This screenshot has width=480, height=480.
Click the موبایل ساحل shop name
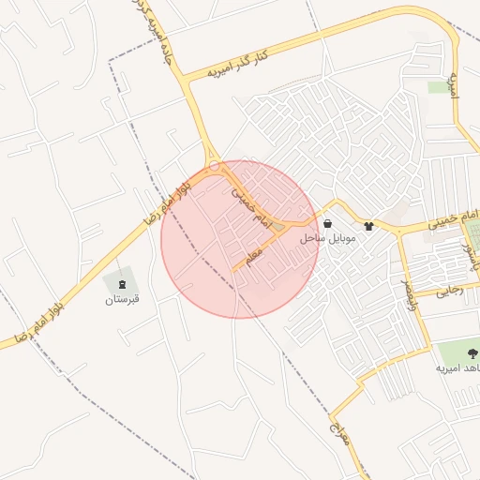point(328,239)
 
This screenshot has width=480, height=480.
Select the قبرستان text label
point(121,299)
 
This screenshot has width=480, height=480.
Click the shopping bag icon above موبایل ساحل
point(326,224)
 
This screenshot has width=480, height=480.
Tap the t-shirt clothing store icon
point(367,226)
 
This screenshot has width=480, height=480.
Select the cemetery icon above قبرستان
point(121,282)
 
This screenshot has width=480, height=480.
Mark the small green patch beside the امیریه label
point(440,87)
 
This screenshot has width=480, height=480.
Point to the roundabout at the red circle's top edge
point(215,165)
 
